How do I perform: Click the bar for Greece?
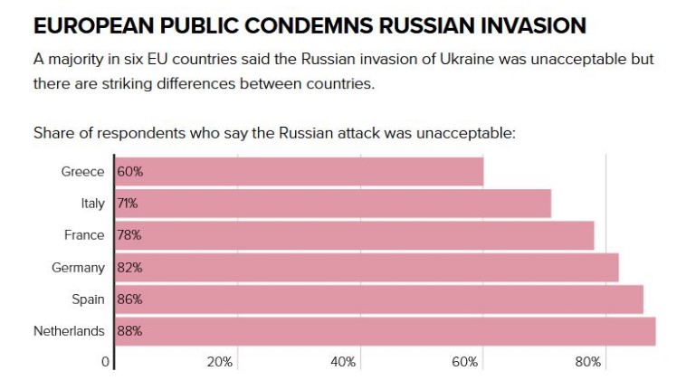[299, 171]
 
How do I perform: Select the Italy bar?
[332, 204]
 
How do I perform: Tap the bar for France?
[354, 235]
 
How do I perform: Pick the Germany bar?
[367, 268]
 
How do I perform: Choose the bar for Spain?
[378, 300]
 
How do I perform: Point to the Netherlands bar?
[385, 331]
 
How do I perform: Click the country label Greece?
[82, 172]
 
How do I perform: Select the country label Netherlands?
[69, 331]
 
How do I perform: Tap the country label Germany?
[79, 268]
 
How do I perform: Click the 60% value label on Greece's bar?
[130, 172]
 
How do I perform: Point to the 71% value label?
[128, 204]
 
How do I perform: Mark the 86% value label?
[130, 300]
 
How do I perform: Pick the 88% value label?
[130, 331]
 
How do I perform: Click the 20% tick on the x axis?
[220, 362]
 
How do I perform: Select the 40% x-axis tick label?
[343, 362]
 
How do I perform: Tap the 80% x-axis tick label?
[588, 362]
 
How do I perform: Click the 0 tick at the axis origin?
[105, 362]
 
